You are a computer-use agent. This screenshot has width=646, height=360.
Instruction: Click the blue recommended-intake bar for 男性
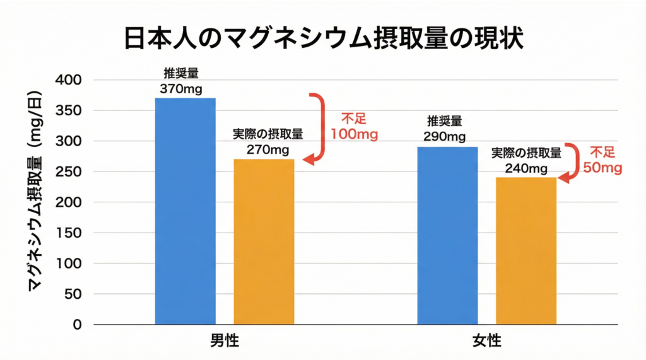tap(185, 211)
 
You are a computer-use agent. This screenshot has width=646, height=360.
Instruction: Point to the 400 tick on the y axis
tap(69, 80)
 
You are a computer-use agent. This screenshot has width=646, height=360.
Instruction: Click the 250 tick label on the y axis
tap(69, 172)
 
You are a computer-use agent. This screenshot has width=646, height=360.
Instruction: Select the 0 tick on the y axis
tap(77, 325)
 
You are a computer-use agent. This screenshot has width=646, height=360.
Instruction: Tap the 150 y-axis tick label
tap(69, 233)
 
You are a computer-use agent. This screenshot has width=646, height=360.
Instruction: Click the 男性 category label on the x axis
tap(225, 341)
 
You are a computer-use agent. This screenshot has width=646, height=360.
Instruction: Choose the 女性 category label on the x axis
tap(486, 341)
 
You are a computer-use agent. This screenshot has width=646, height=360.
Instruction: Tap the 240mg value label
tap(526, 168)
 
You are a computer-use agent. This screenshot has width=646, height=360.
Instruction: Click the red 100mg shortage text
tap(353, 134)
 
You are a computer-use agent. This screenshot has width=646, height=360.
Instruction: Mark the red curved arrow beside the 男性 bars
tap(317, 129)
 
